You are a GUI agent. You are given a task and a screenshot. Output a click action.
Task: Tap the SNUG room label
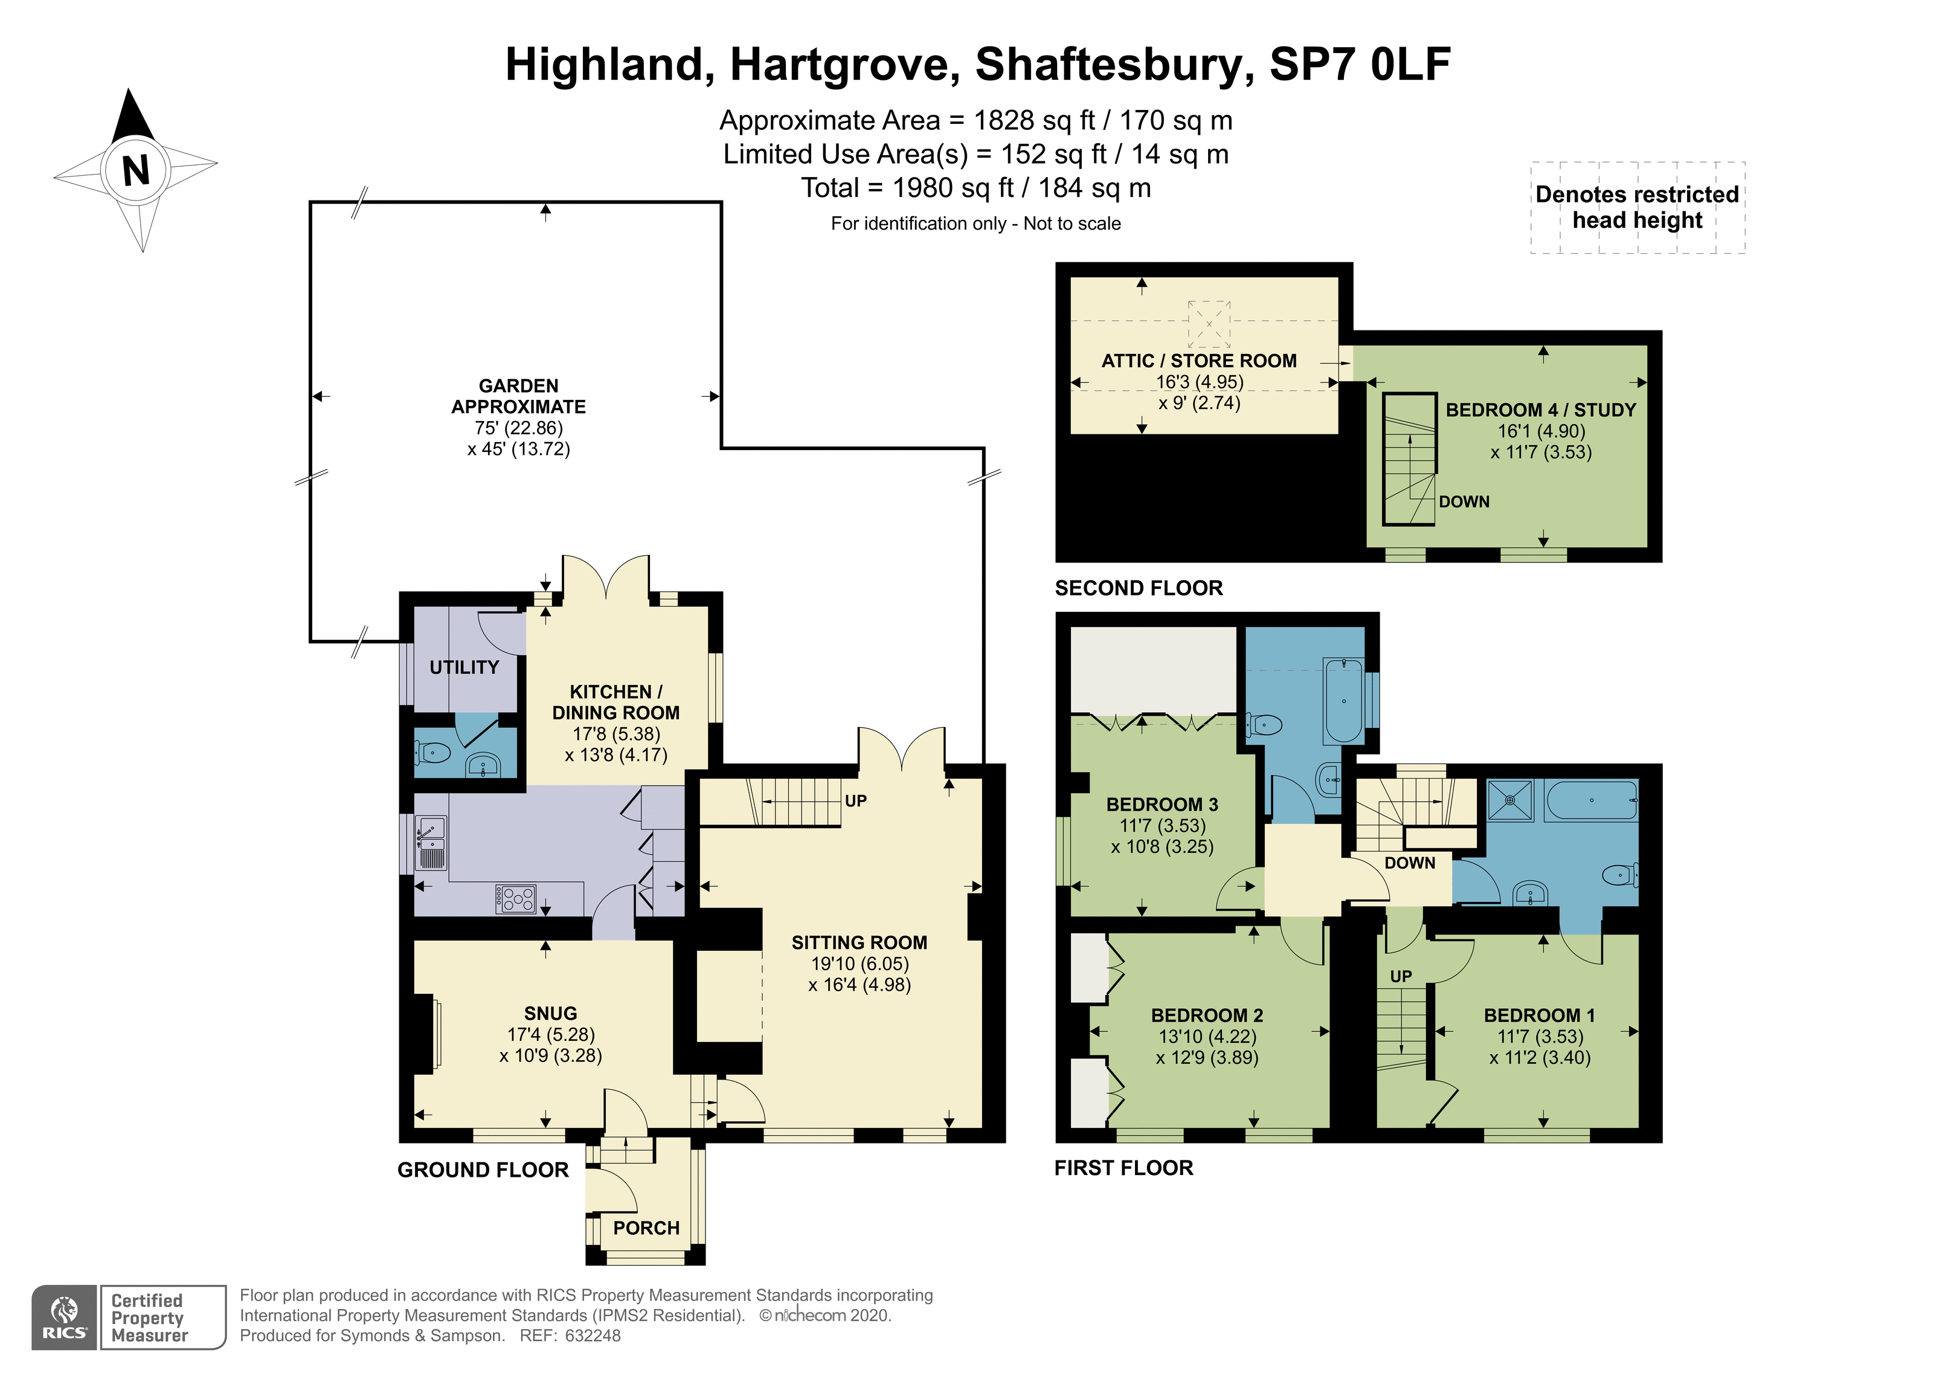coord(551,1013)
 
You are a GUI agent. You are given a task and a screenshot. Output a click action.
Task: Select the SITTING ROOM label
coord(859,942)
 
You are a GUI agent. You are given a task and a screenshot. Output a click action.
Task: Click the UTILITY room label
coord(464,667)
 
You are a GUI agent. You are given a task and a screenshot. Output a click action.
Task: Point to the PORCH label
coord(646,1228)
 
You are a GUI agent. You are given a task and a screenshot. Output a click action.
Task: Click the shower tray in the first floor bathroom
coord(1511,800)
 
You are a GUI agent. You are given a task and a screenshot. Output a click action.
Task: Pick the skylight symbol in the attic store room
coord(1209,323)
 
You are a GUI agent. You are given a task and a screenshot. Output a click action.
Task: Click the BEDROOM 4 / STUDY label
coord(1541,410)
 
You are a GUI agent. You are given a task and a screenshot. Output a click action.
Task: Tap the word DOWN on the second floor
coord(1464,501)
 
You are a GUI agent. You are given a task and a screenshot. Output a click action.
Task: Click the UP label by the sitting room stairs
coord(856,800)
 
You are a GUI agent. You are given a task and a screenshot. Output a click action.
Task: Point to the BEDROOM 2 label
coord(1207,1015)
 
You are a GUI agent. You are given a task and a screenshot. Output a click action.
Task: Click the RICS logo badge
coord(65,1318)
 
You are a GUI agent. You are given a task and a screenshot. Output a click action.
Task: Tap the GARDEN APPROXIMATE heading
coord(518,396)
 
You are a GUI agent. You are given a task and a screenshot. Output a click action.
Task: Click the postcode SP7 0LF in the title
coord(1360,64)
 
